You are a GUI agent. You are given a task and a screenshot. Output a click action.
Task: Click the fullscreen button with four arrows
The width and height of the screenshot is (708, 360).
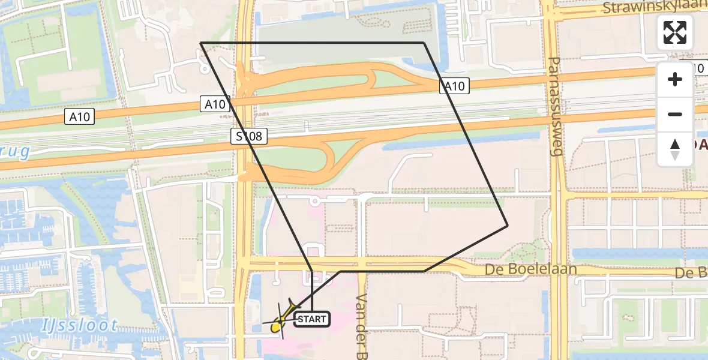(x=675, y=32)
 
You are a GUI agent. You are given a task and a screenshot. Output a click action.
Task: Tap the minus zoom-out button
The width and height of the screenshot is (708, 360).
(x=675, y=114)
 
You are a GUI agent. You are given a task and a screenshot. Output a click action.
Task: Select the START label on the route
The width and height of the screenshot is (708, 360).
(x=312, y=319)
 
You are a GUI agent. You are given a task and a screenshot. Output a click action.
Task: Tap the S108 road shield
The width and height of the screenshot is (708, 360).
(x=248, y=136)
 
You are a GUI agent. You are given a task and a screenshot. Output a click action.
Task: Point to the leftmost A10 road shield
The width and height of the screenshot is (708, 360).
(x=79, y=117)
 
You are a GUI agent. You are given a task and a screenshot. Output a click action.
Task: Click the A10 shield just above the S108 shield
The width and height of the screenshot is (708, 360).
(x=215, y=104)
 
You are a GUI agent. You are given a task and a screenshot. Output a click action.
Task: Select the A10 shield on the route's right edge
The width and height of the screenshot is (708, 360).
(x=454, y=86)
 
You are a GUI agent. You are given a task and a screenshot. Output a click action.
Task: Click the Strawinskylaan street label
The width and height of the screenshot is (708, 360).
(x=655, y=8)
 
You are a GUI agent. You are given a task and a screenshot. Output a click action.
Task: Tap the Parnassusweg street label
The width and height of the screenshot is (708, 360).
(x=555, y=107)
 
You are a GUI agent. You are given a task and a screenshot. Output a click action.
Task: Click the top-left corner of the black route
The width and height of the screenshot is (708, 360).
(x=201, y=43)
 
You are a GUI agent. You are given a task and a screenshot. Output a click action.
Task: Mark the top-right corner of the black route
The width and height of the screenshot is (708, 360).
(x=424, y=43)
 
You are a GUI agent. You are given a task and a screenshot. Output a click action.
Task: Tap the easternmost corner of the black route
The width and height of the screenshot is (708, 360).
(x=508, y=226)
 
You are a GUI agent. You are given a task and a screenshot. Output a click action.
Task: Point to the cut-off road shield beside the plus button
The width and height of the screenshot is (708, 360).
(x=698, y=68)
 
